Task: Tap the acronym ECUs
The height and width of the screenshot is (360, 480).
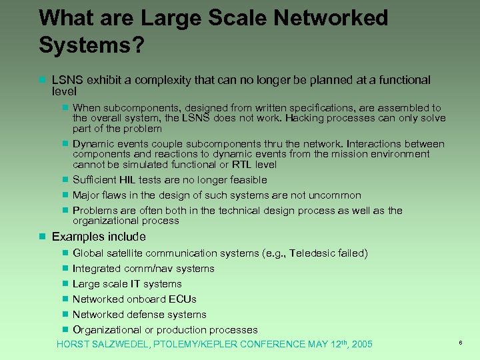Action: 183,299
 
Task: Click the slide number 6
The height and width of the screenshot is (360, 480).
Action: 461,342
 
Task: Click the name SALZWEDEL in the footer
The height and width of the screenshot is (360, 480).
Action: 117,344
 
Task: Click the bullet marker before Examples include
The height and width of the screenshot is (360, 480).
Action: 42,237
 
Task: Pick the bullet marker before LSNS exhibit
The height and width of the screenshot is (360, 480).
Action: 42,80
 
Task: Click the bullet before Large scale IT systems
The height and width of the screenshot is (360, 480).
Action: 65,284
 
